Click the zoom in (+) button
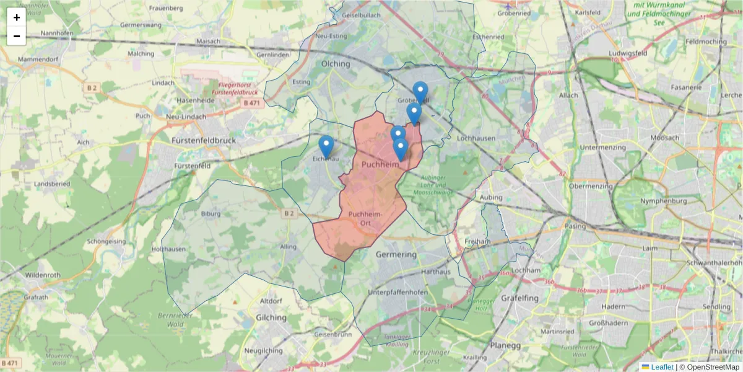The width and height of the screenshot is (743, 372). pyautogui.click(x=17, y=17)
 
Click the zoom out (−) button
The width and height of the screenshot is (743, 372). pyautogui.click(x=17, y=36)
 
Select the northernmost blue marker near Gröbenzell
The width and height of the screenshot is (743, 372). pyautogui.click(x=420, y=92)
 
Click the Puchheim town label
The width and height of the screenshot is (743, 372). pyautogui.click(x=380, y=165)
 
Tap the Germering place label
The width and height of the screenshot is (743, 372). pyautogui.click(x=396, y=255)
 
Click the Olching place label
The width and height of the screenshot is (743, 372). pyautogui.click(x=336, y=64)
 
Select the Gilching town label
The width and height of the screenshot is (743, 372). pyautogui.click(x=271, y=317)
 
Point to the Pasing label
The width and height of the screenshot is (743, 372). pyautogui.click(x=575, y=226)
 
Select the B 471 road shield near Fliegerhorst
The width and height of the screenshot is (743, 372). pyautogui.click(x=252, y=103)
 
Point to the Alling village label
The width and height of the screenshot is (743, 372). pyautogui.click(x=289, y=247)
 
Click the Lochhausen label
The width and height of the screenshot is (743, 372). pyautogui.click(x=472, y=138)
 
